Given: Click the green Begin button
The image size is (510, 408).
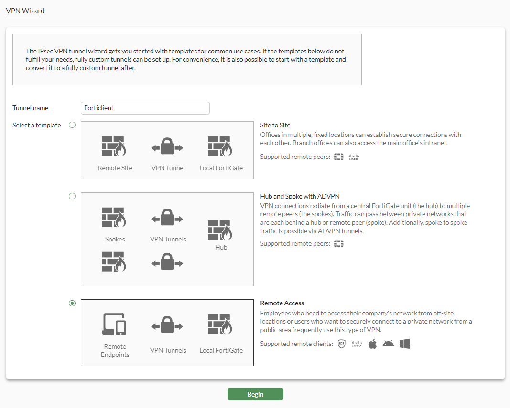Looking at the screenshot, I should click(255, 394).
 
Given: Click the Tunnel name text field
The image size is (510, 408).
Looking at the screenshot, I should click(145, 108).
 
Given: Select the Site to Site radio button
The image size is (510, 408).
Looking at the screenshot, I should click(72, 125).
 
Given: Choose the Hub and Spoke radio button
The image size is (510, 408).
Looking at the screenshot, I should click(72, 196).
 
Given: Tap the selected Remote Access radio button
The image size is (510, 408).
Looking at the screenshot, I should click(72, 303).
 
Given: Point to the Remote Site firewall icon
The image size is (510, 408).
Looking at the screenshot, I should click(114, 146).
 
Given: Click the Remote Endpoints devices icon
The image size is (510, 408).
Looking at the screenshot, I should click(114, 324).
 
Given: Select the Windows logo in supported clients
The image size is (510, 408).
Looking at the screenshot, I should click(405, 344).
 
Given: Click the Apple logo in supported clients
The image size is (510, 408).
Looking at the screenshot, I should click(372, 344).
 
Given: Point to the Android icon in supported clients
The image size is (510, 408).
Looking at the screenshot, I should click(388, 344).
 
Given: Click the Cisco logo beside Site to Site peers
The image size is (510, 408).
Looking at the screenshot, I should click(353, 157).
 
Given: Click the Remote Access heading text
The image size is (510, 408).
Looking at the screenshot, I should click(282, 303).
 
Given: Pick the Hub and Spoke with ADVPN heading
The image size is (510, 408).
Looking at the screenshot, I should click(300, 196).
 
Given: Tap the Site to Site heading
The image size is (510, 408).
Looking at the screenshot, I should click(275, 125).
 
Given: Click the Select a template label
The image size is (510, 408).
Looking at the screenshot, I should click(37, 125).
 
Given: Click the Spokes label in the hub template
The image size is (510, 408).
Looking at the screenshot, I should click(115, 239).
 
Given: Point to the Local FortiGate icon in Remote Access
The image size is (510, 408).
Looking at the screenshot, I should click(220, 324).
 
